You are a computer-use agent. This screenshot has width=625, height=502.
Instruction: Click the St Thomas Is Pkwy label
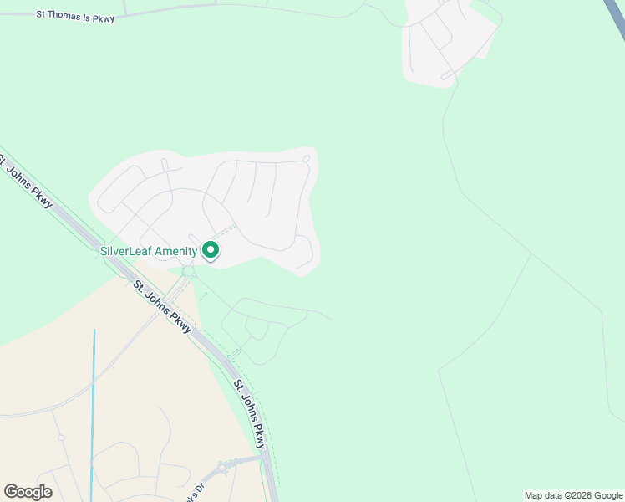tap(75, 16)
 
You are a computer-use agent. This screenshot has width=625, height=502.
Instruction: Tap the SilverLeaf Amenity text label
tap(149, 250)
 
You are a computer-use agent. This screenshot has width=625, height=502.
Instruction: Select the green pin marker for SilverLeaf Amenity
tap(211, 249)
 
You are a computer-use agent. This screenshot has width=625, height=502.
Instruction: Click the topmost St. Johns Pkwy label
tap(28, 180)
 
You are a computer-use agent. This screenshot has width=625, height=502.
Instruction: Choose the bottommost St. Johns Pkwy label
tap(250, 414)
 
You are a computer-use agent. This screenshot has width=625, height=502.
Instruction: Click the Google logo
tap(28, 491)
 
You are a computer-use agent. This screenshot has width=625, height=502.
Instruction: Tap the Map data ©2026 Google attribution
tap(573, 495)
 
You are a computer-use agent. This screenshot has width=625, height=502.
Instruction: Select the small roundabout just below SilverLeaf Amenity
tap(188, 271)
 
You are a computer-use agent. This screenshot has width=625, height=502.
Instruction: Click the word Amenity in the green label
tap(175, 250)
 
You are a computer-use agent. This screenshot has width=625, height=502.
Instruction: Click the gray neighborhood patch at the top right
tap(443, 42)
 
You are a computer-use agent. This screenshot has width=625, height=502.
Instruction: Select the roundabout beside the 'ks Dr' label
tap(226, 466)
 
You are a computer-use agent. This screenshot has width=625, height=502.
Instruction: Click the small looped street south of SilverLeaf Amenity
tap(256, 329)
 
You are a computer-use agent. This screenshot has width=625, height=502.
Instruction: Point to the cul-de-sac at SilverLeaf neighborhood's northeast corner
tap(307, 158)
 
